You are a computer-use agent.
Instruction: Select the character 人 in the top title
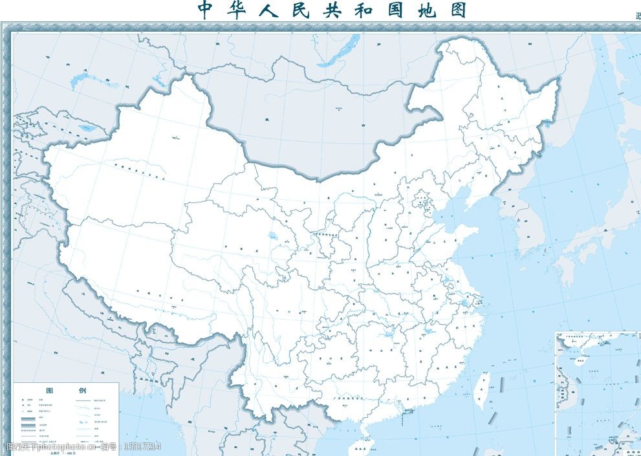tap(279, 10)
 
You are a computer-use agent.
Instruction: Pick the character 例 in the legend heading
tap(82, 391)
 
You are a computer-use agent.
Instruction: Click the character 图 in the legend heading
tap(49, 391)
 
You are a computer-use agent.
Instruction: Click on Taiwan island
tap(481, 391)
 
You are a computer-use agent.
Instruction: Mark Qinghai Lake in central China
tap(271, 237)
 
